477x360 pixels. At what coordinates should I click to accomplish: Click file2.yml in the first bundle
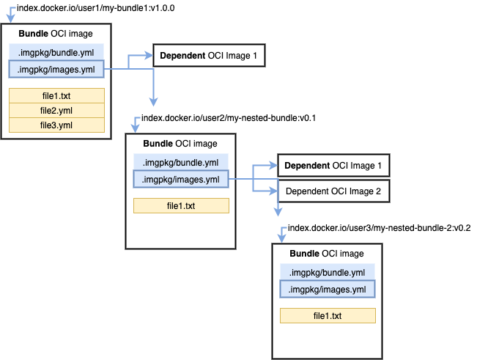click(57, 111)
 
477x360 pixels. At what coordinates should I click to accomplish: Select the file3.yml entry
click(57, 125)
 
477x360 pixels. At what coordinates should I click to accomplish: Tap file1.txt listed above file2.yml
click(57, 96)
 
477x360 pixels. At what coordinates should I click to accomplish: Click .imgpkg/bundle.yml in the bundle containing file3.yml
click(56, 52)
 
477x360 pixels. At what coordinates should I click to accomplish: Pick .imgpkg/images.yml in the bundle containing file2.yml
click(56, 70)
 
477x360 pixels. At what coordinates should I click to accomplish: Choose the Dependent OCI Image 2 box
click(333, 191)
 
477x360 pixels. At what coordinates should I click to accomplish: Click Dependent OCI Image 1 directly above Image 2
click(333, 166)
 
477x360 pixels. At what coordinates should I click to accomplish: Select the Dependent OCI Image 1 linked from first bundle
click(208, 56)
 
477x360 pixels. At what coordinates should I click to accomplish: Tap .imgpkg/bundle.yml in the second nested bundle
click(180, 162)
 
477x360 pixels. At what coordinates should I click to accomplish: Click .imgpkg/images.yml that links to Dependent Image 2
click(180, 180)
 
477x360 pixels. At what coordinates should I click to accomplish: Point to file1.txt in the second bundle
click(181, 206)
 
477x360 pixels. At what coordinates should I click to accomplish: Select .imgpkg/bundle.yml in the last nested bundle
click(327, 272)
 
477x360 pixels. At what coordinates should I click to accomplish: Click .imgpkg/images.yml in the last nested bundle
click(327, 290)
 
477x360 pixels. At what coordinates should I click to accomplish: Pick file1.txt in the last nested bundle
click(328, 316)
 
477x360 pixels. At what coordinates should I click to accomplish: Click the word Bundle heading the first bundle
click(33, 34)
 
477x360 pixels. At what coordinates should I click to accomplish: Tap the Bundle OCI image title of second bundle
click(180, 144)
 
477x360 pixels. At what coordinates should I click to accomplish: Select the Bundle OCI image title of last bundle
click(327, 254)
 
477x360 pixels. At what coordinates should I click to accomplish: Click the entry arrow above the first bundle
click(10, 12)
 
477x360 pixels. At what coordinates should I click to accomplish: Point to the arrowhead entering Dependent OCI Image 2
click(274, 191)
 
